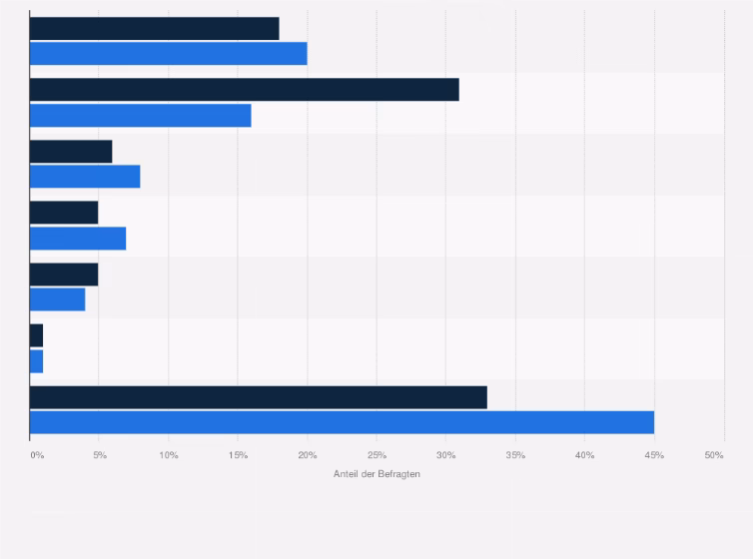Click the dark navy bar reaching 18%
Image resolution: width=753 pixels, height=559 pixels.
coord(154,28)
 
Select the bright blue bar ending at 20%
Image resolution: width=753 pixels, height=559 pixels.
coord(168,53)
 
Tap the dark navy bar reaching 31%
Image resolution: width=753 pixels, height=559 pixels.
coord(244,90)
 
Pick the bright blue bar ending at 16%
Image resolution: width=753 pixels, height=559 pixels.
coord(140,115)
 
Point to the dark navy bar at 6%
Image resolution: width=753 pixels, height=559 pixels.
coord(71,151)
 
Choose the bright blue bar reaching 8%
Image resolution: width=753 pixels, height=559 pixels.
coord(85,177)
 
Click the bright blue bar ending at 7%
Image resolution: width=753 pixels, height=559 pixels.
coord(78,239)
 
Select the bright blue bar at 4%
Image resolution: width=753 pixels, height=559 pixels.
coord(57,299)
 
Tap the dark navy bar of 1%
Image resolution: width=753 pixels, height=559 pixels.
coord(36,335)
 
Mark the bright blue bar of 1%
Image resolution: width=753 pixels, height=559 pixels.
coord(36,360)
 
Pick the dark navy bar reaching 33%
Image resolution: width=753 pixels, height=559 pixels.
coord(258,397)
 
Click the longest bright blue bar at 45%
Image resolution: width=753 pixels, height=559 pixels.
coord(342,422)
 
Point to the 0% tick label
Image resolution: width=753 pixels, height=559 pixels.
coord(37,455)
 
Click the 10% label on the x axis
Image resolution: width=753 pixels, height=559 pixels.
coord(169,455)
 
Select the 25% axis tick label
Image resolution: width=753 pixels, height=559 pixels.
coord(376,455)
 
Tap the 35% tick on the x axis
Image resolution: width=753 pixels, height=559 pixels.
coord(515,455)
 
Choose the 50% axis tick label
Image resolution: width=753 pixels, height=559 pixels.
coord(714,455)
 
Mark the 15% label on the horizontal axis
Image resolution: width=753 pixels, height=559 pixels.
coord(238,455)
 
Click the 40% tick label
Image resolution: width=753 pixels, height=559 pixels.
coord(584,455)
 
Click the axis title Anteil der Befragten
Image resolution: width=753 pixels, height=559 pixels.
coord(376,474)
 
